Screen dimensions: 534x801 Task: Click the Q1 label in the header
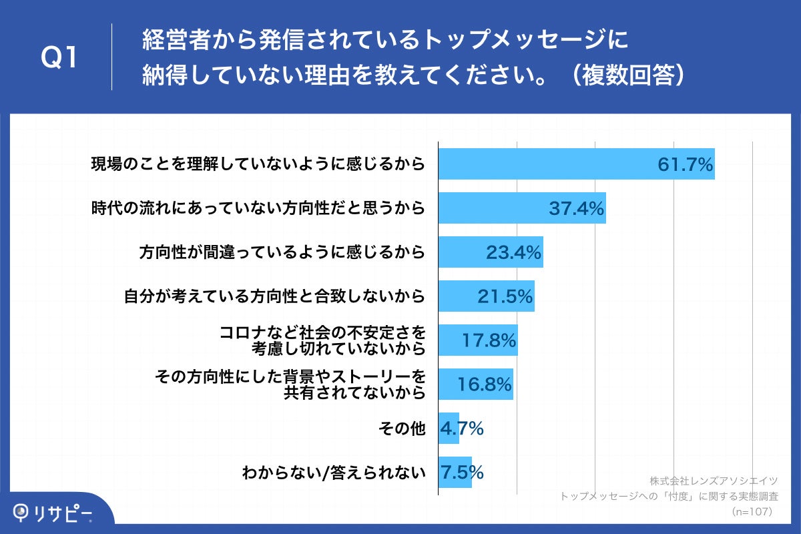(x=59, y=59)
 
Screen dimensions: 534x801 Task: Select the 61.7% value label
(x=685, y=164)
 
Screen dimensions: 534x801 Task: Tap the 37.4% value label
(x=577, y=208)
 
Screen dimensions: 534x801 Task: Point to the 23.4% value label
(x=513, y=252)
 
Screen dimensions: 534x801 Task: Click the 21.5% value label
(x=505, y=296)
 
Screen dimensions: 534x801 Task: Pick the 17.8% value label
(x=489, y=340)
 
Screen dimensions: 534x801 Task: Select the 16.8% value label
(x=485, y=384)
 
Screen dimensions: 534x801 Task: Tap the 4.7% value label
(x=461, y=429)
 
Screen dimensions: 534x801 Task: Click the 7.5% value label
(x=461, y=473)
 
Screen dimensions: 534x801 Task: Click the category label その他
(x=401, y=429)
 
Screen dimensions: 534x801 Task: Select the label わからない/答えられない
(x=334, y=473)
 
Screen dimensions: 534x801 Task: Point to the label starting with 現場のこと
(x=258, y=165)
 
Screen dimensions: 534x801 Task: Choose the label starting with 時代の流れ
(x=258, y=209)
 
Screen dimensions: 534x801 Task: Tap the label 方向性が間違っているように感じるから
(x=282, y=253)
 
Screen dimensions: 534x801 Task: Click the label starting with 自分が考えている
(x=274, y=297)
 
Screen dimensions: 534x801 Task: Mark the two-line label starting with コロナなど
(x=322, y=340)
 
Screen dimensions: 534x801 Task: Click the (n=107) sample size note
(x=752, y=511)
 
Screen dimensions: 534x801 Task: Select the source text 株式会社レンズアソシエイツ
(x=713, y=481)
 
